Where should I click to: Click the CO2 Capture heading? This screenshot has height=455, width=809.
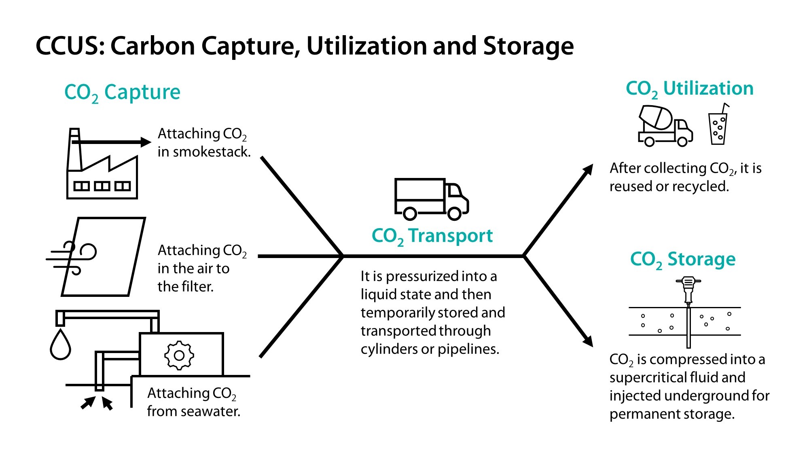click(x=122, y=93)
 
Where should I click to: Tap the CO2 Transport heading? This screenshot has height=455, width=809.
click(x=432, y=236)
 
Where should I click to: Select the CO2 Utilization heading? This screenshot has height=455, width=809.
click(x=689, y=89)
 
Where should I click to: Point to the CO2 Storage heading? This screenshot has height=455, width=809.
click(x=682, y=259)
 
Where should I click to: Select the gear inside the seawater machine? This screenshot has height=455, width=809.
click(x=179, y=355)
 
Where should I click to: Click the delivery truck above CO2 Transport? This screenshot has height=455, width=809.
click(x=431, y=199)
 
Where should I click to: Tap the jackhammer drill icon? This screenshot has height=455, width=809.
click(x=688, y=289)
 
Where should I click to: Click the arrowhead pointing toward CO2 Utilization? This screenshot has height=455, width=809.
click(x=588, y=169)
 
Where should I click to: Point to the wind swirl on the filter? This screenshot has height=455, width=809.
click(x=73, y=258)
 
